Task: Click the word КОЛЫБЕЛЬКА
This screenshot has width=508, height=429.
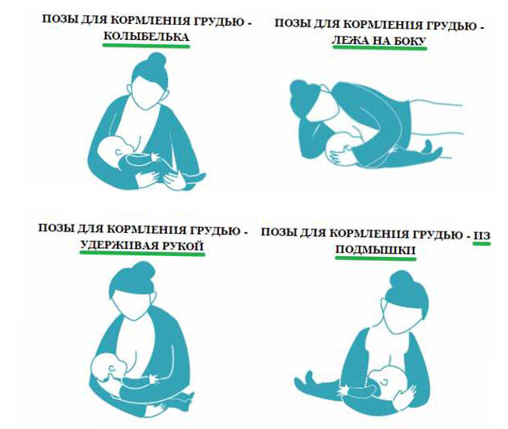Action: tap(146, 37)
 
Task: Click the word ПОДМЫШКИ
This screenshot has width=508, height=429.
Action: tap(375, 251)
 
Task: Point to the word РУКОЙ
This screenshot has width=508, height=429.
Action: tap(182, 246)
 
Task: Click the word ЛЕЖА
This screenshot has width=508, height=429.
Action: tap(350, 41)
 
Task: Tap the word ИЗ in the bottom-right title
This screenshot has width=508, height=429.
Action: tap(482, 236)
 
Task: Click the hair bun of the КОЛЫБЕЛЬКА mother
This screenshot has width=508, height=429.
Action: tap(157, 61)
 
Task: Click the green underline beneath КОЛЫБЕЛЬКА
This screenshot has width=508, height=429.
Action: tap(146, 46)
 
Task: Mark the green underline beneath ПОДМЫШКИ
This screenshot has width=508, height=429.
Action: tap(375, 259)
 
